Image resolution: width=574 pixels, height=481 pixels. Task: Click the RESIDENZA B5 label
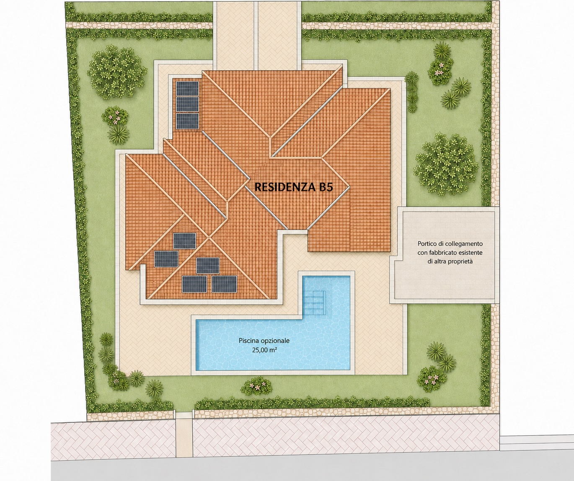[x=294, y=187]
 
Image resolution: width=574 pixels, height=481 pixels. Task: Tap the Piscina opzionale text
[x=264, y=341]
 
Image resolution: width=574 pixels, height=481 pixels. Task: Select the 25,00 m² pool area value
[x=264, y=350]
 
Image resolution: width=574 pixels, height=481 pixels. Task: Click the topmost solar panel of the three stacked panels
[x=187, y=88]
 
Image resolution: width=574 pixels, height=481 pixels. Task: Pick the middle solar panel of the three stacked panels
[x=187, y=104]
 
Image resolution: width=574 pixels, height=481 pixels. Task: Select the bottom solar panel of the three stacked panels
[x=187, y=121]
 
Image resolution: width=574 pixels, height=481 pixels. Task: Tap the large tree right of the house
[x=446, y=165]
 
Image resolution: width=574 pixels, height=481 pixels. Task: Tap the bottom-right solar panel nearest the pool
[x=224, y=284]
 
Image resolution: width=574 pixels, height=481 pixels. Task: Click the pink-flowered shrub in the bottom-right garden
[x=430, y=379]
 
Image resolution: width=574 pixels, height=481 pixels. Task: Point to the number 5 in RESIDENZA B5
[x=329, y=187]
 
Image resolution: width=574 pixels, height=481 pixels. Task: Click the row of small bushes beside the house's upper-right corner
[x=411, y=92]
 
